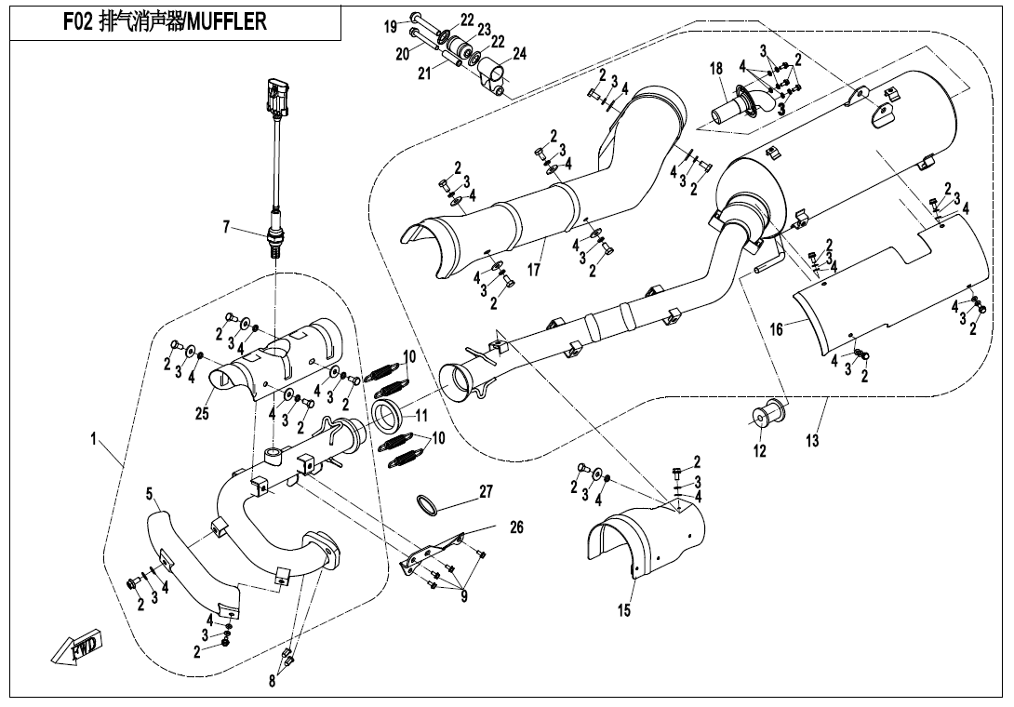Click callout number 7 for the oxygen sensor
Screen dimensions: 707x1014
point(227,225)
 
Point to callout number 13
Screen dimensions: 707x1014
point(813,441)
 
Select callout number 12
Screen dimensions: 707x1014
point(759,451)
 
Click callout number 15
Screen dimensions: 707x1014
point(624,610)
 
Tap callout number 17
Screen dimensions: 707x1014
point(534,271)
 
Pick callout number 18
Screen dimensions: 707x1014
point(715,69)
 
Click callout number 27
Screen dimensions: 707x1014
point(486,491)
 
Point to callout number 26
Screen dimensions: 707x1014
point(516,527)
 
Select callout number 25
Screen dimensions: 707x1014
point(202,414)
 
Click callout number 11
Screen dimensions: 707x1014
point(421,416)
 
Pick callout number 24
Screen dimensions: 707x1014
point(519,54)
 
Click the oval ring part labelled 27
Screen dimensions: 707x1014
point(427,505)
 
